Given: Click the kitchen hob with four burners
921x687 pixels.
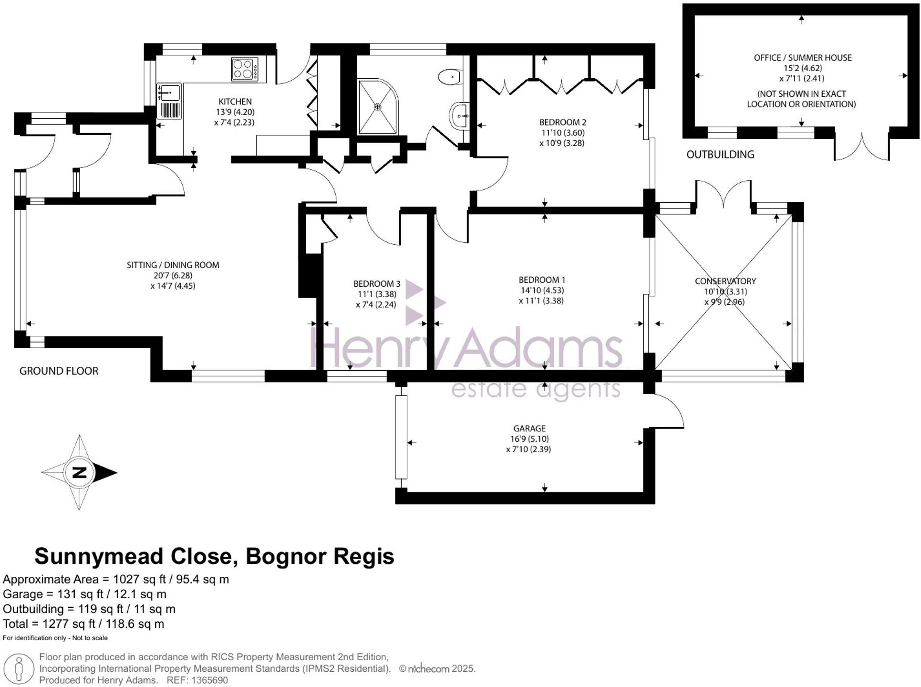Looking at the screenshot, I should coord(244,70).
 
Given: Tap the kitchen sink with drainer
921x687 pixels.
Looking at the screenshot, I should coord(169,101).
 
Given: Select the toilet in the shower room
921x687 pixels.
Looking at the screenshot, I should coord(449,77).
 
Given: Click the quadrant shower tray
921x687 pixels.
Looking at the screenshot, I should coord(377,107).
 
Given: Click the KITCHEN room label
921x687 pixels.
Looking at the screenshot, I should coord(235,102).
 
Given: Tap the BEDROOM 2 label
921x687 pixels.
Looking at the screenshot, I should coord(562,123).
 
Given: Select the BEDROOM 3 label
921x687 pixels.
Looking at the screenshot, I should coord(376,284).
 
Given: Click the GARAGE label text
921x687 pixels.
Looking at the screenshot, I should coord(529,428).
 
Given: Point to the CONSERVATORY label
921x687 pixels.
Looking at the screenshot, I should coord(725,281).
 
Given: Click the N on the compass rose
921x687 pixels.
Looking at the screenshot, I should coord(80,472).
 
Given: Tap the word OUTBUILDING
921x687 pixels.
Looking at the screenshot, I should coord(720,155).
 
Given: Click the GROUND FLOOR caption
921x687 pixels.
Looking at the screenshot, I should coord(59,371).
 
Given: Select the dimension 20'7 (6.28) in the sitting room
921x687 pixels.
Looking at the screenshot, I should coord(173,276).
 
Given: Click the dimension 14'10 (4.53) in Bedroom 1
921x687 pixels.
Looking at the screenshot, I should coord(542,291).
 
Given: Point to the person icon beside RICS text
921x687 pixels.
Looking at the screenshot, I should coord(19,669).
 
